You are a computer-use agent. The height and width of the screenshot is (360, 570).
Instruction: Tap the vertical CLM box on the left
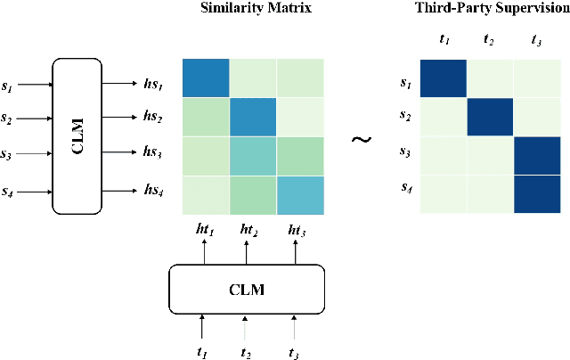(77, 135)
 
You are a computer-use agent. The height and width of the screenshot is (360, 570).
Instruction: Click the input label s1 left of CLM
(8, 86)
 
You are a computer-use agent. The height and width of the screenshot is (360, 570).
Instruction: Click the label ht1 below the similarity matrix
(206, 229)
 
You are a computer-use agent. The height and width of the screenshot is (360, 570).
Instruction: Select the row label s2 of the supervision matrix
(404, 117)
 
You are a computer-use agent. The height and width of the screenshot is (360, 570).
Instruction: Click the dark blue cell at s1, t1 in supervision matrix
(444, 79)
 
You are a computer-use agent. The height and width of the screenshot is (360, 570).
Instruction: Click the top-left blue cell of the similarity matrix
(206, 78)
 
